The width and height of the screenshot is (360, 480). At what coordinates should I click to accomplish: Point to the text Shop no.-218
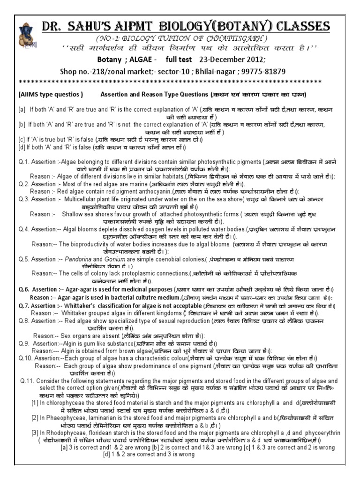coord(82,71)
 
